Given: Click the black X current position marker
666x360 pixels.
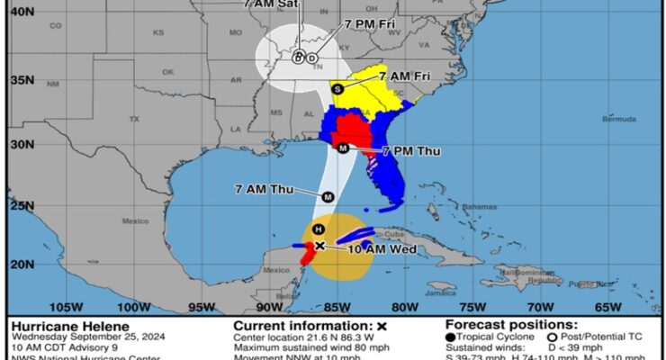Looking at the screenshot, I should (319, 246).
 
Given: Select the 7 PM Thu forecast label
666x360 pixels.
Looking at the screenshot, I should (411, 150).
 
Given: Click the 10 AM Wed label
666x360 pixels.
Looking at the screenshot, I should (382, 249).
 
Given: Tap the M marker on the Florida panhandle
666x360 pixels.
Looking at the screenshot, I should (343, 148).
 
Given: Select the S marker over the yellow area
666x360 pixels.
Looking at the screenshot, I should (337, 88).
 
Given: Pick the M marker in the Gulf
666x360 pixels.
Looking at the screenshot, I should (328, 197).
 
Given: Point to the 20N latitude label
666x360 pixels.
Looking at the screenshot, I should (22, 265).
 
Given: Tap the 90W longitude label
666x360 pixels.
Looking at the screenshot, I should (262, 306).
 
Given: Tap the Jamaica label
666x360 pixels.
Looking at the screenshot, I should (443, 292).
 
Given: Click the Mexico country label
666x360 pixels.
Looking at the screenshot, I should (134, 220).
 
